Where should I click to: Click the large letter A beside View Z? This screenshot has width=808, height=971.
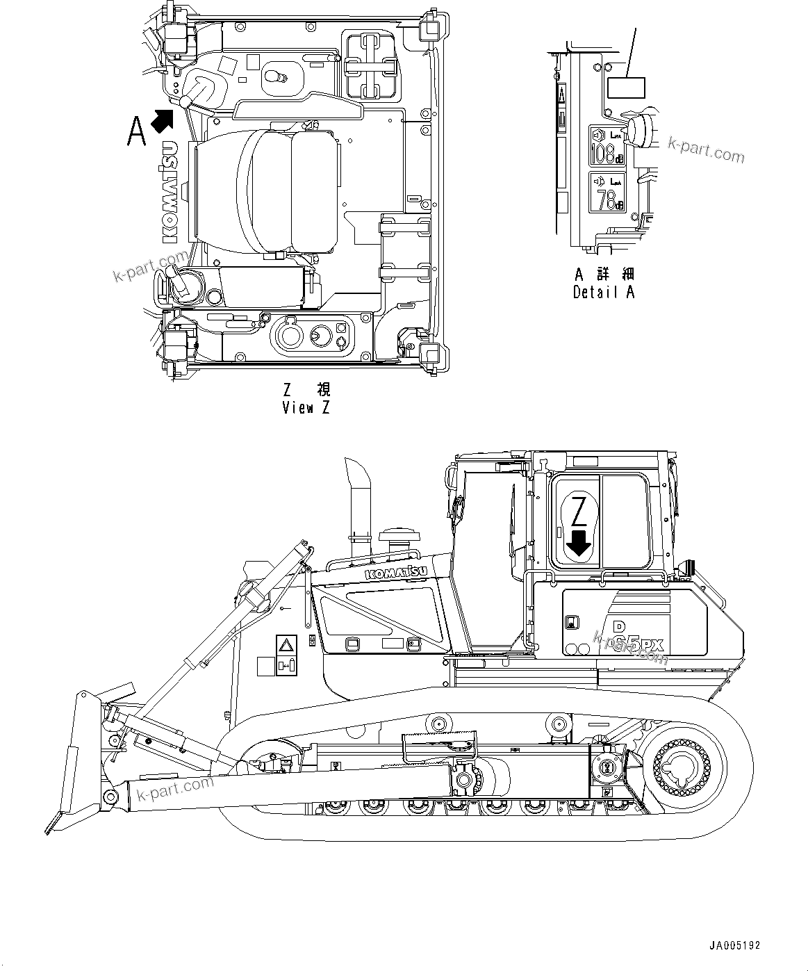(137, 131)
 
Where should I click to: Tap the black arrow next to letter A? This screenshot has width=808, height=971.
(162, 120)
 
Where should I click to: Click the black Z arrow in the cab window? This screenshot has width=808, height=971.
(578, 543)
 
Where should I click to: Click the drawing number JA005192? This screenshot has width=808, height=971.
(734, 945)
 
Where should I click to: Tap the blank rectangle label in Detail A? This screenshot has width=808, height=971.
(626, 88)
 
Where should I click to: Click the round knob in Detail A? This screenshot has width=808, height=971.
(638, 130)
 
